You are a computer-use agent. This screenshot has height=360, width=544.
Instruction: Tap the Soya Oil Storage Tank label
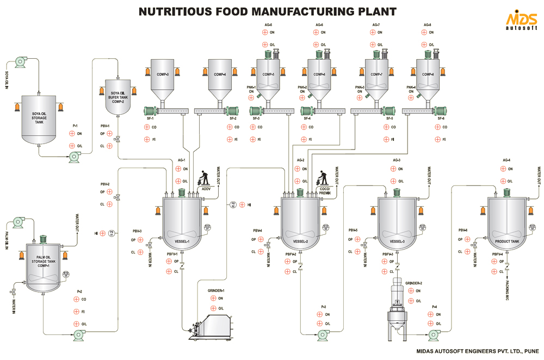click(39, 117)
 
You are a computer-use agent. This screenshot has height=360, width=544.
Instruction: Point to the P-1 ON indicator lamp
click(72, 133)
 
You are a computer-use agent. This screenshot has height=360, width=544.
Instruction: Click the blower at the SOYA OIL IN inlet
click(21, 62)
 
